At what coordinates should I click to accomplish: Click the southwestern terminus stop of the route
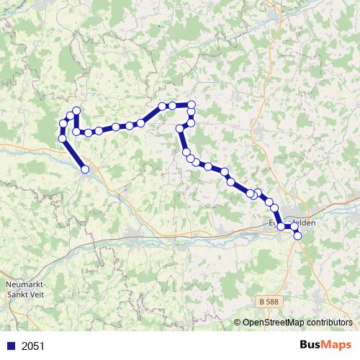[85, 169]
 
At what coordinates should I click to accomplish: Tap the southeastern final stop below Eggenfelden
[297, 235]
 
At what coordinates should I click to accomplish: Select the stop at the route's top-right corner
[192, 105]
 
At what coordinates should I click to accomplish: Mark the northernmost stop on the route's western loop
[76, 110]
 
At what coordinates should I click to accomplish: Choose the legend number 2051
[33, 346]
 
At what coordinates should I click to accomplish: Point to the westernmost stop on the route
[62, 138]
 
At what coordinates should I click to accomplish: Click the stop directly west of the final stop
[281, 227]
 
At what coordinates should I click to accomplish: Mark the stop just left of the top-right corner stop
[173, 106]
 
